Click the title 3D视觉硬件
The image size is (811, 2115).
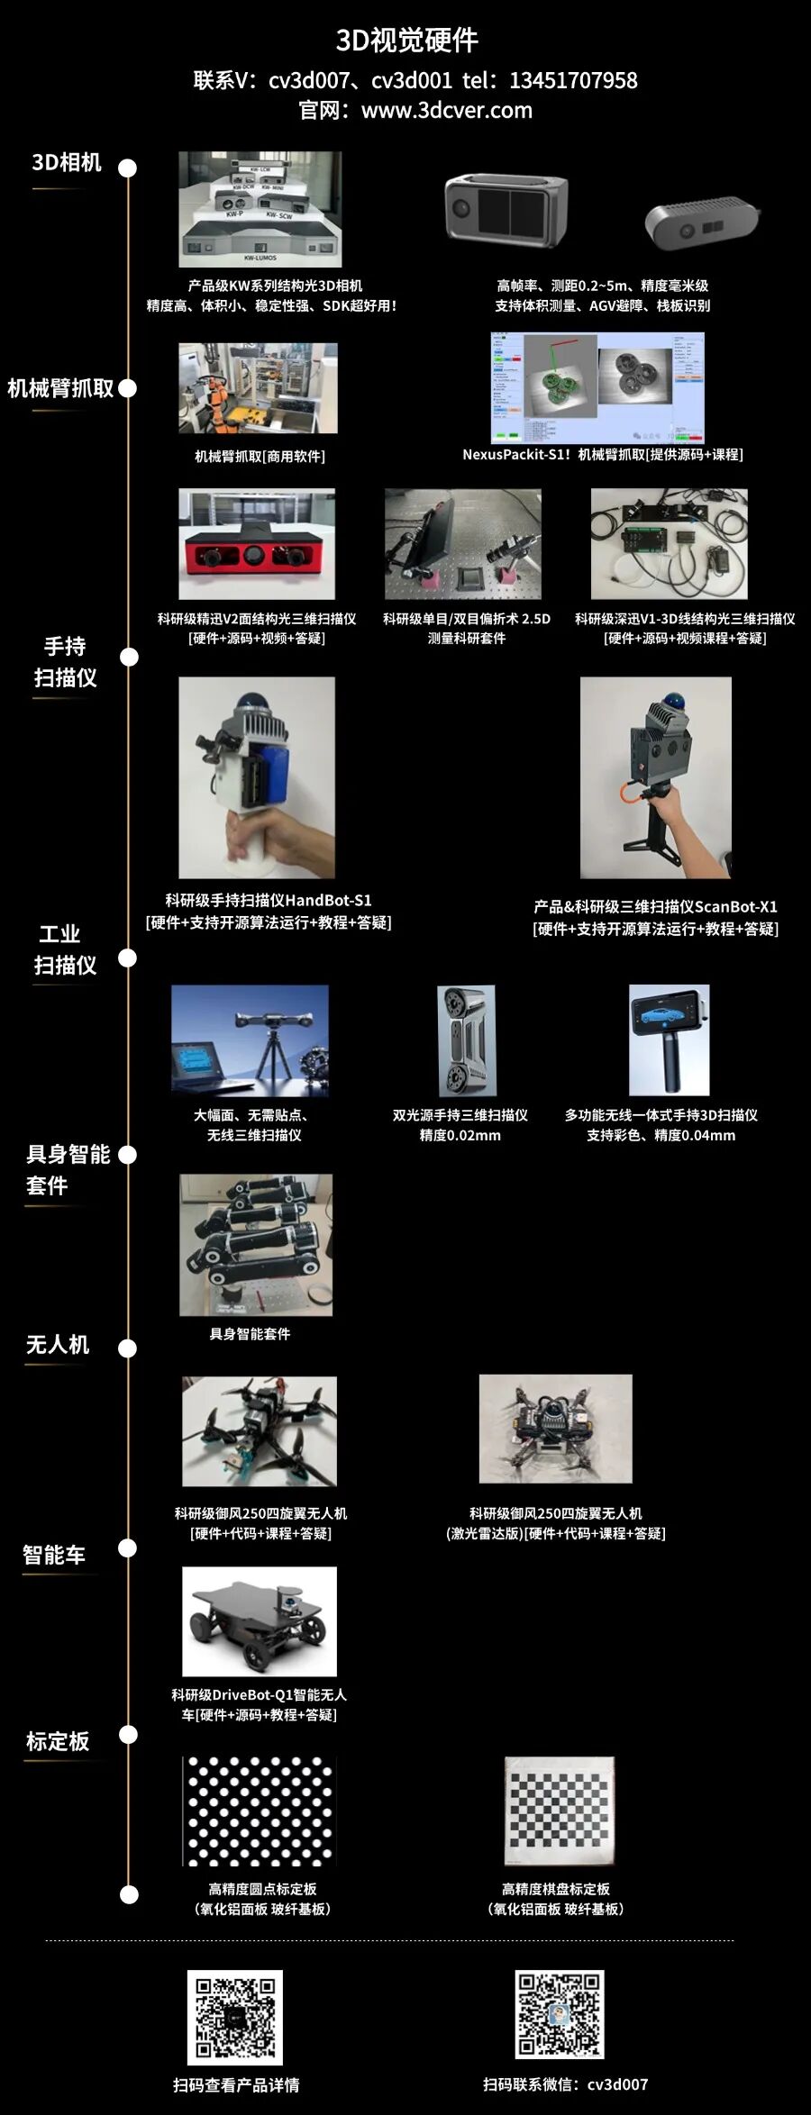tap(405, 40)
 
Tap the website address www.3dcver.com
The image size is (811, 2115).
tap(446, 111)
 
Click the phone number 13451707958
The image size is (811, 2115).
tap(573, 81)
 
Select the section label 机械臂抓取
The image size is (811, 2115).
tap(60, 388)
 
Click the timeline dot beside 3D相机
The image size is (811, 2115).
tap(128, 168)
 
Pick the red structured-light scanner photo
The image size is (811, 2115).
tap(257, 544)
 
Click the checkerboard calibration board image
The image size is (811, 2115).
tap(560, 1811)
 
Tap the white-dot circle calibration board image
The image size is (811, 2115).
tap(260, 1811)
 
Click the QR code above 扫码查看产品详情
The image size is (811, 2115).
tap(235, 2018)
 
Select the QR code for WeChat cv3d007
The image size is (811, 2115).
tap(559, 2014)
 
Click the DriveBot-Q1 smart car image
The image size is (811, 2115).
tap(260, 1621)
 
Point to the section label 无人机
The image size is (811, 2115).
tap(58, 1345)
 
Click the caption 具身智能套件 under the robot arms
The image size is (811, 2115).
tap(250, 1334)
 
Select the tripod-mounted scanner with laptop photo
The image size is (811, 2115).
tap(250, 1039)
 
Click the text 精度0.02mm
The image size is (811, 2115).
tap(460, 1135)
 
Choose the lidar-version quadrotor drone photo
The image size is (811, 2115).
tap(555, 1429)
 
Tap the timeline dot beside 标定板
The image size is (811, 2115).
tap(128, 1735)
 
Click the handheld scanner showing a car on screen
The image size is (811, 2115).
tap(669, 1039)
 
